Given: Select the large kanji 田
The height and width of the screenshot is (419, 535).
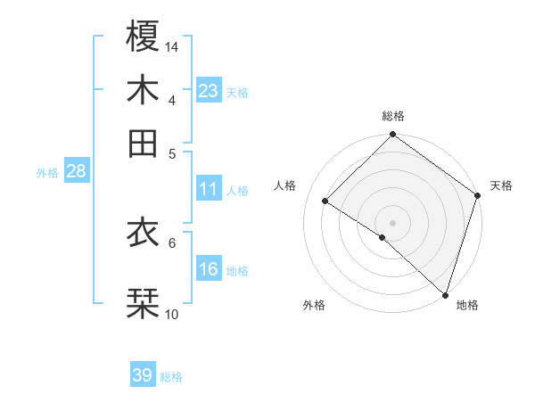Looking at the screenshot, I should [x=144, y=143].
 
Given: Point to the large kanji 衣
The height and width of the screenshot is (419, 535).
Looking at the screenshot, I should [x=144, y=233].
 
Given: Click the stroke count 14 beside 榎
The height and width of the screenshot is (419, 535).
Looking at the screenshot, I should [x=172, y=45].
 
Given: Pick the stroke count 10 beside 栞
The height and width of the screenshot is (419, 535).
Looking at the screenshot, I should [x=172, y=314].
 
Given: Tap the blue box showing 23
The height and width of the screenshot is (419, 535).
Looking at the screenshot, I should [x=209, y=90].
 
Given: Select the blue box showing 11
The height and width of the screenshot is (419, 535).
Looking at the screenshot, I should [x=209, y=189].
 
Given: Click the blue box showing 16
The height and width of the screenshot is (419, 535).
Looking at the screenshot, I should [x=209, y=269].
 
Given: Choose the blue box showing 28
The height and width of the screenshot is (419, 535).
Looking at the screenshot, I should [x=76, y=172].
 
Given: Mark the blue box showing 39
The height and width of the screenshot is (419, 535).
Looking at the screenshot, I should [x=143, y=375].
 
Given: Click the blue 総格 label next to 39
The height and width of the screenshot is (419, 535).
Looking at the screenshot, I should [x=171, y=377].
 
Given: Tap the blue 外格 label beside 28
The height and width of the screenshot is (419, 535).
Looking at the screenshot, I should [x=47, y=174].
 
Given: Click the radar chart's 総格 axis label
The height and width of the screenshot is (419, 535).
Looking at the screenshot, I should [x=393, y=116].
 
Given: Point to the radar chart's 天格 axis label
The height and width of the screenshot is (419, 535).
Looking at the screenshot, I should [x=501, y=185].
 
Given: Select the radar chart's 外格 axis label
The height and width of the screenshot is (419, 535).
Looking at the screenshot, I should [x=314, y=305].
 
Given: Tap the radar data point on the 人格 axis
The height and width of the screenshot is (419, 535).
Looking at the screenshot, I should [x=325, y=201].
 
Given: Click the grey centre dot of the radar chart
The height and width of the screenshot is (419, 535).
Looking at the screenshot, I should [x=392, y=222].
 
